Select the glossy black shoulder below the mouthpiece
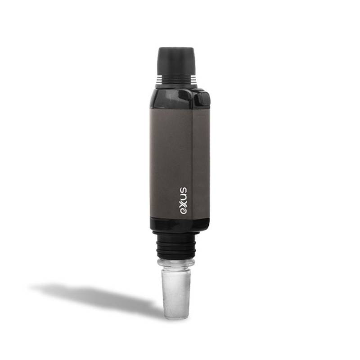coord(175,99)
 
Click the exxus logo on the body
coord(183,201)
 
